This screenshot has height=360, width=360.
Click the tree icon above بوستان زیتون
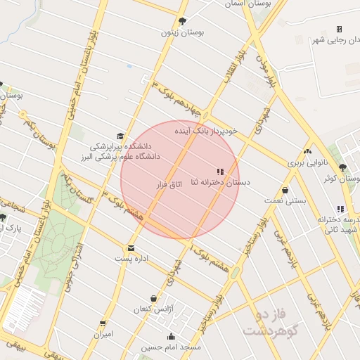coord(183,21)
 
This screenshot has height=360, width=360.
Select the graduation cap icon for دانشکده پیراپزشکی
coord(120,136)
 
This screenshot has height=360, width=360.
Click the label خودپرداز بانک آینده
coord(209,130)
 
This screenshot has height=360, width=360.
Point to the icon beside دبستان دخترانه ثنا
coord(220,171)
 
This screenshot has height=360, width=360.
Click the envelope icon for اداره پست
coord(131,248)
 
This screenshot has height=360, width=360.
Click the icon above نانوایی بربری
coord(307,151)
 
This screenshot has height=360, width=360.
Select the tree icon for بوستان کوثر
coord(342,167)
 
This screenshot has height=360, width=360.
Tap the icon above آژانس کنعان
coord(153,298)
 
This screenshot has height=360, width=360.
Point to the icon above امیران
coord(103,323)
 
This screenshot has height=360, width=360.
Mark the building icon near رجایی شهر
coord(339,29)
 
